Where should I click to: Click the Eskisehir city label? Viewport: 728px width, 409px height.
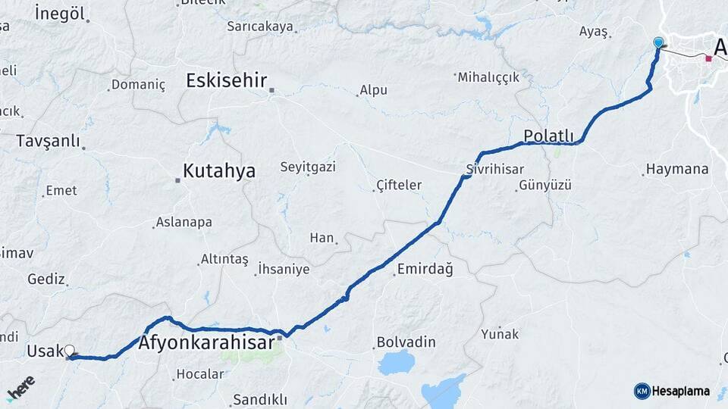[226, 80]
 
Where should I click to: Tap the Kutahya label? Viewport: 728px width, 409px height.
[219, 171]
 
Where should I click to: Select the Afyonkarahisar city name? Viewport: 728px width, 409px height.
[206, 343]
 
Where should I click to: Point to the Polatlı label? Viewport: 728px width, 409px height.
[548, 136]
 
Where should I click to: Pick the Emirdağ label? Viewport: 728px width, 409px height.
[425, 270]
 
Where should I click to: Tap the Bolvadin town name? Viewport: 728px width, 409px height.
[406, 343]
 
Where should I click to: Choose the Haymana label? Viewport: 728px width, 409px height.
[677, 169]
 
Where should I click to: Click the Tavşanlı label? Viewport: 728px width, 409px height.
[48, 141]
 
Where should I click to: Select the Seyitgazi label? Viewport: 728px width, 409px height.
[308, 167]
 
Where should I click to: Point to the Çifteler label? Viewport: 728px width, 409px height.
[399, 185]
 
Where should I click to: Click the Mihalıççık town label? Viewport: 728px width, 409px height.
[489, 77]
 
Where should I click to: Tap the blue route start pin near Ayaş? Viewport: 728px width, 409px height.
[657, 43]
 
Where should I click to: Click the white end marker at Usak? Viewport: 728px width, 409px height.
[70, 351]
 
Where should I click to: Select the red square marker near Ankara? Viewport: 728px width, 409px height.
[708, 58]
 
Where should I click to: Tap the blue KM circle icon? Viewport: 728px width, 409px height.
[642, 391]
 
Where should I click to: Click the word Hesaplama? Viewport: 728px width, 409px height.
[681, 391]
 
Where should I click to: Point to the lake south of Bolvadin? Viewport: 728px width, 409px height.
[396, 363]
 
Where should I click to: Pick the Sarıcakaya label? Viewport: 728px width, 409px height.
[260, 27]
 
